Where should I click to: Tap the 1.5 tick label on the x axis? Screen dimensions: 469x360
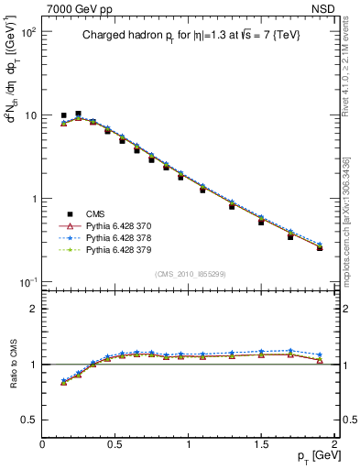pos(261,443)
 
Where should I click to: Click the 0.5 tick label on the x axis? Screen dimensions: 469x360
pos(115,443)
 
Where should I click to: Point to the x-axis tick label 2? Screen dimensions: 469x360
pos(334,443)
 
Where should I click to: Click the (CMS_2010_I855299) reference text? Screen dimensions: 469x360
pos(189,274)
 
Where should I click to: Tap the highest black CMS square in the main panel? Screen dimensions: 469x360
pos(78,114)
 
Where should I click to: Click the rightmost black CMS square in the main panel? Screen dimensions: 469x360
pos(320,247)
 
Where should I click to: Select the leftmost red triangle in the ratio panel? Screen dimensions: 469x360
pos(63,382)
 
